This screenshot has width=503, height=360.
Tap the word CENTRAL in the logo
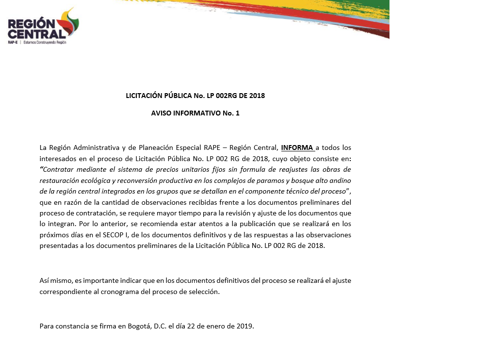pos(36,34)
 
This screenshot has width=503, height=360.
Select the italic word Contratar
pos(59,169)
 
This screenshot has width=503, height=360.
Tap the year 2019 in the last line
pos(245,326)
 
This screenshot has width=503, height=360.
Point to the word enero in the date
pos(216,326)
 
